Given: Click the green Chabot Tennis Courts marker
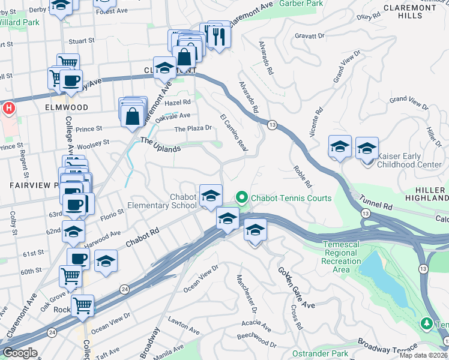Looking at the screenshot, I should pyautogui.click(x=242, y=197).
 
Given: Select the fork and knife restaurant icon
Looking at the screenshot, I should pyautogui.click(x=218, y=37).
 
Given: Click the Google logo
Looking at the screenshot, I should pyautogui.click(x=20, y=353).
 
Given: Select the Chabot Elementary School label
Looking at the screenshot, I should pyautogui.click(x=163, y=201).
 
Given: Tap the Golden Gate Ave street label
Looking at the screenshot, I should pyautogui.click(x=297, y=288).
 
